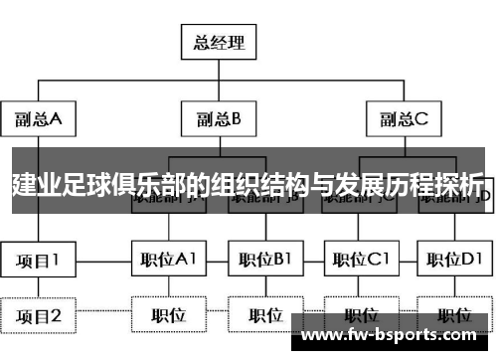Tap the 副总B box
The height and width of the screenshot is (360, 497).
pos(218,120)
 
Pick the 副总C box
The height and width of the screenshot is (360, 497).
pos(403,120)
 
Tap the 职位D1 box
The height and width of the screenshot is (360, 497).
pos(453,261)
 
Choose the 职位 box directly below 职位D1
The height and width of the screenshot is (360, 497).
pos(453,316)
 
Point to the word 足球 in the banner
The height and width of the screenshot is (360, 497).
pos(84,184)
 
